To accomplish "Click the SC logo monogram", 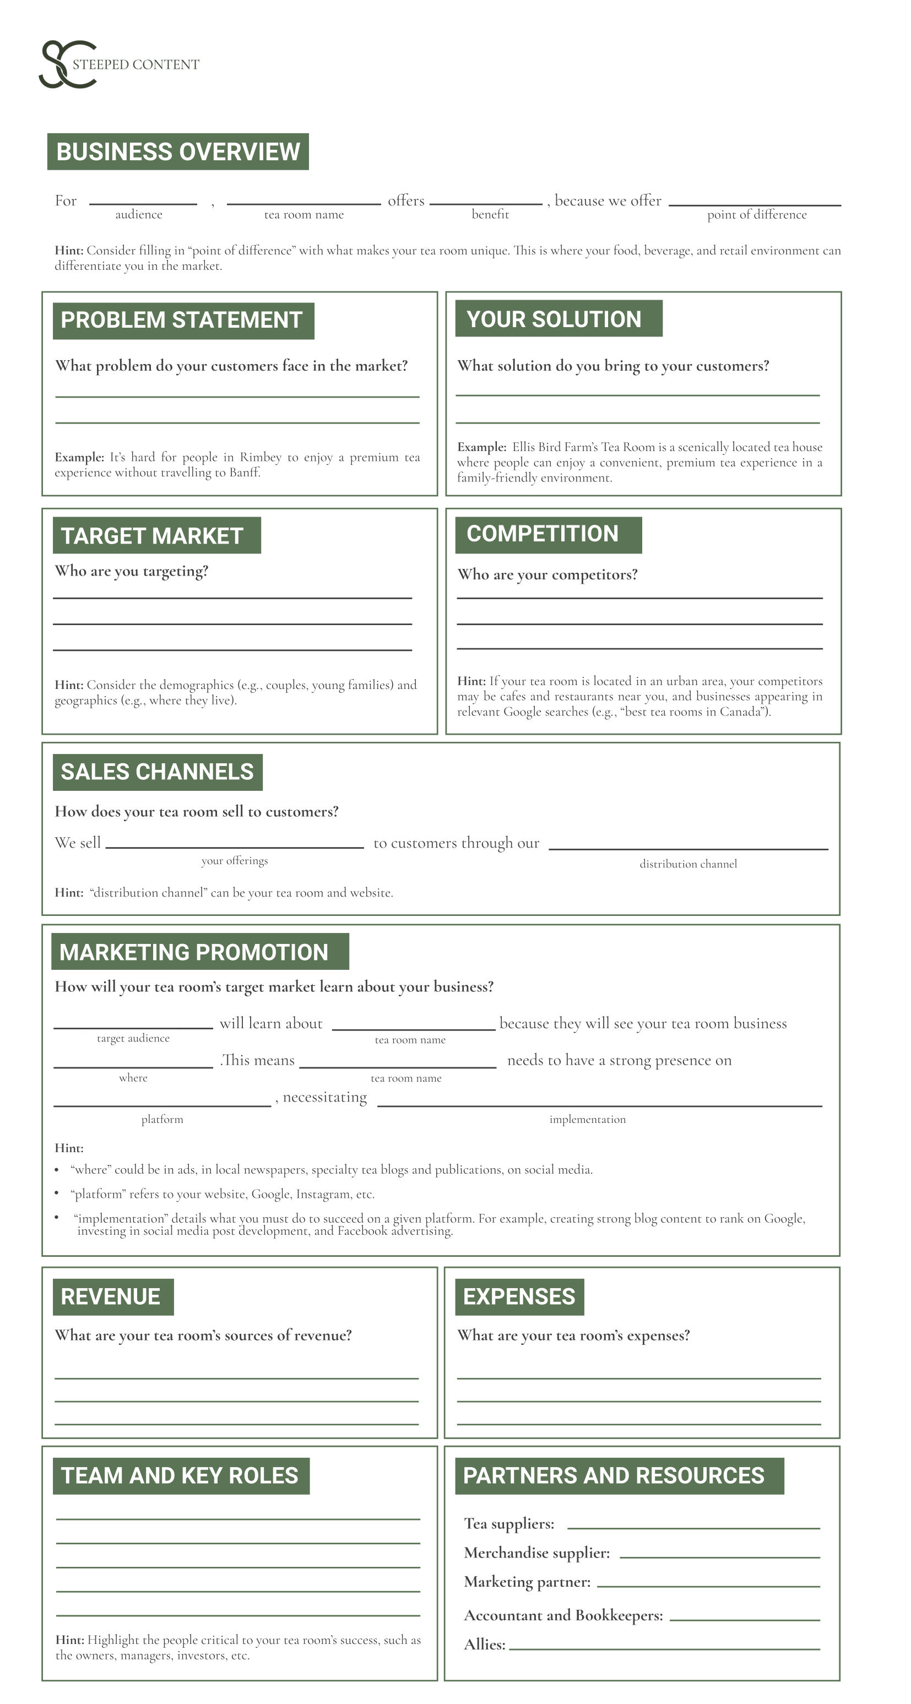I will coord(66,65).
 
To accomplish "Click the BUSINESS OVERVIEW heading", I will coord(177,151).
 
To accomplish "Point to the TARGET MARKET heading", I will coord(156,535).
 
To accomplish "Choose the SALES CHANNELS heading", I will coord(158,772).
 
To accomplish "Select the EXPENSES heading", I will coord(519,1296).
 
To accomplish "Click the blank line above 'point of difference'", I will coord(754,204).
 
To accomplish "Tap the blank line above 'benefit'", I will coord(486,203).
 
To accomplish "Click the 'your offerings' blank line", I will coord(234,846).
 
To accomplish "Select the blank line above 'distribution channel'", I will coord(687,848).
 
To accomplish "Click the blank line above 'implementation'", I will coord(599,1105).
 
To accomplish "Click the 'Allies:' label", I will coord(484,1645).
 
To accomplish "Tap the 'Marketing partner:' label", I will coord(527,1582).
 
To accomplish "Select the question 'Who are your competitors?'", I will coord(547,575).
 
